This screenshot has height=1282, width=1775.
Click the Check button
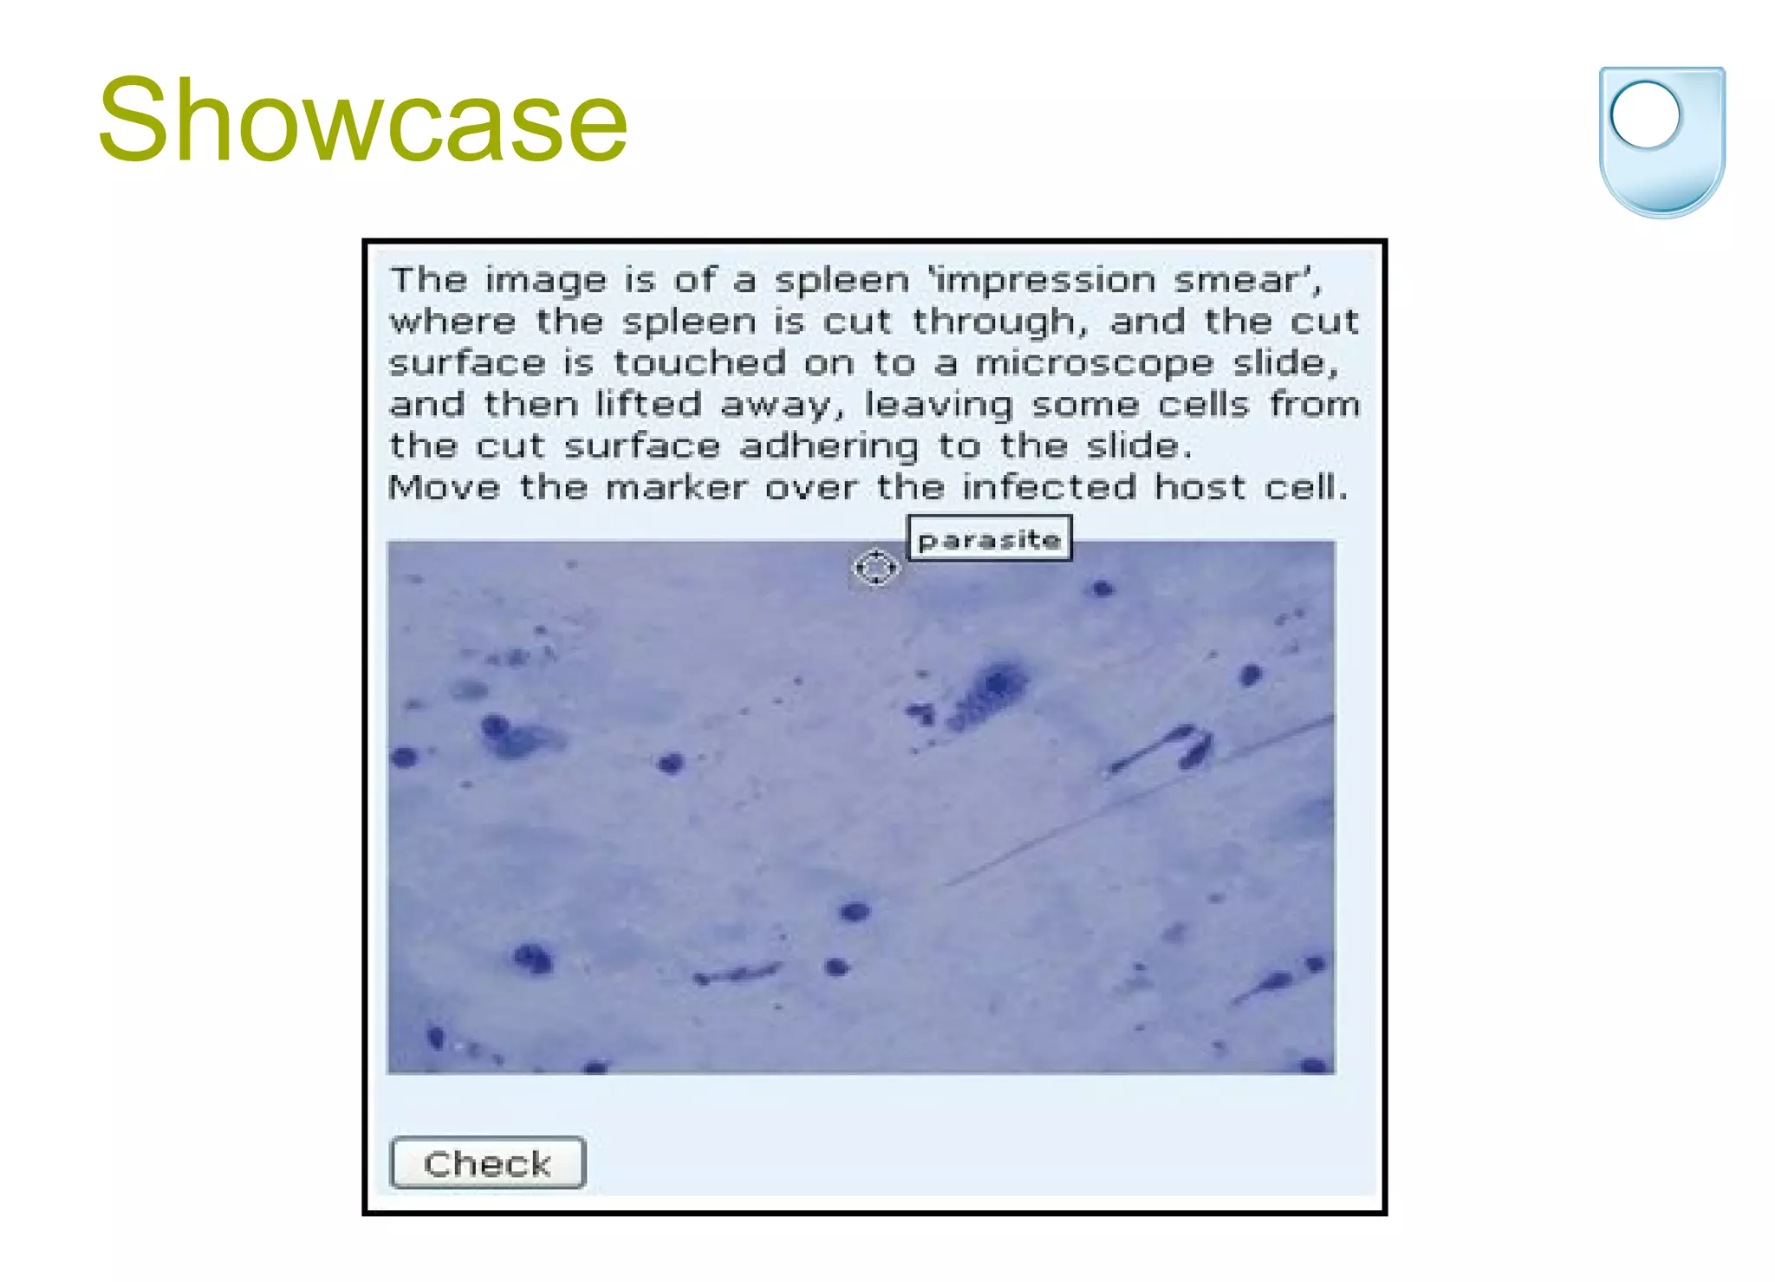pyautogui.click(x=488, y=1162)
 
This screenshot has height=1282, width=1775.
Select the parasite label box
pyautogui.click(x=989, y=539)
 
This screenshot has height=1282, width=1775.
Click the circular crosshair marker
pyautogui.click(x=875, y=568)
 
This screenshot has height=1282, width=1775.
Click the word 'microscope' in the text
pyautogui.click(x=1094, y=362)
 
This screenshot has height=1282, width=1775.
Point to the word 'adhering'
pyautogui.click(x=829, y=446)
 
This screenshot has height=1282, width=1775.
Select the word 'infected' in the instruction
pyautogui.click(x=1049, y=488)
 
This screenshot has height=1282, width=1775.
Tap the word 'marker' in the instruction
pyautogui.click(x=676, y=488)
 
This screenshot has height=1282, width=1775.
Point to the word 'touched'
pyautogui.click(x=700, y=362)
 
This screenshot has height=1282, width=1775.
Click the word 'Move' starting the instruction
pyautogui.click(x=444, y=488)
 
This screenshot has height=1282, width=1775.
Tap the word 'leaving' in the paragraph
pyautogui.click(x=939, y=405)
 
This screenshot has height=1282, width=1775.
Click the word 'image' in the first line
pyautogui.click(x=545, y=281)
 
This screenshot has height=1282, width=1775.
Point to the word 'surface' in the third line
pyautogui.click(x=467, y=362)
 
